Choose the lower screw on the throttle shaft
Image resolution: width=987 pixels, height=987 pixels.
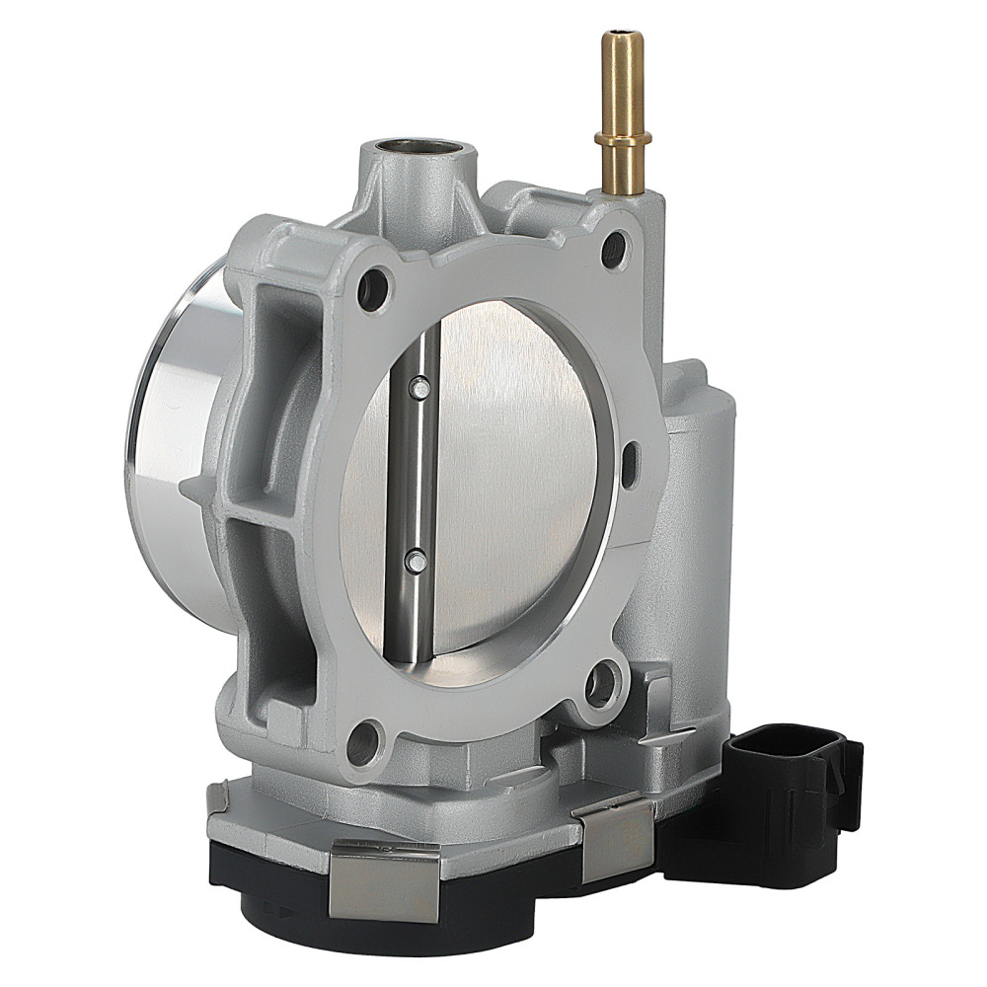[415, 563]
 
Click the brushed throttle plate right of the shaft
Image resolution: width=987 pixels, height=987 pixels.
[513, 474]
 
